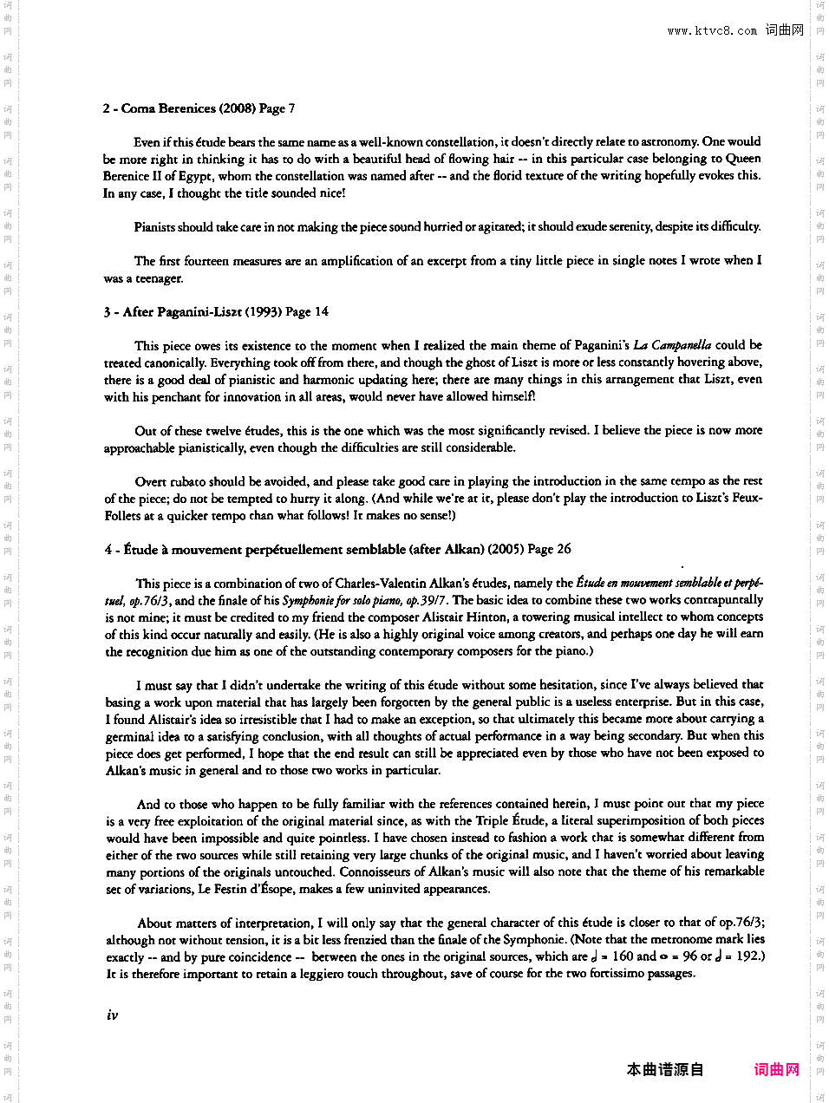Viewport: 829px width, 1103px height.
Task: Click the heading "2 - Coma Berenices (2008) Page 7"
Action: coord(199,108)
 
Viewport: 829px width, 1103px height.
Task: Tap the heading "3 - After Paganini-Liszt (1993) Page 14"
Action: coord(216,312)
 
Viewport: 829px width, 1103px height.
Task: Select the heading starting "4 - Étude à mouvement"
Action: coord(337,549)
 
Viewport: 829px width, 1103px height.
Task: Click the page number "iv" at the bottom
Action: coord(112,1015)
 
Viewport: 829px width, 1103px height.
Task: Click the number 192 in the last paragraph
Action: coord(746,956)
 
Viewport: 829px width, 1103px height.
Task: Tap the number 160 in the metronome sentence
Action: coord(623,956)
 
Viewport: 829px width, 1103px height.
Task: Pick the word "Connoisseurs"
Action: coord(382,871)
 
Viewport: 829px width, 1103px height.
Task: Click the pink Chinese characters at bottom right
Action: coord(776,1069)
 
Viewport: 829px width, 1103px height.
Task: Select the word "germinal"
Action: coord(130,736)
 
